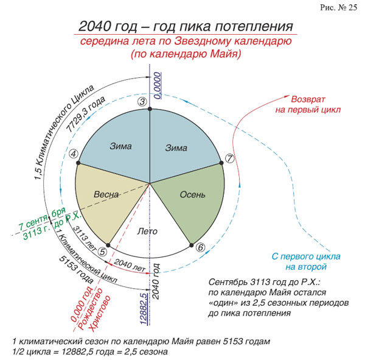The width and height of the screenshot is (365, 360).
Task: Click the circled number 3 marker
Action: pos(143,101)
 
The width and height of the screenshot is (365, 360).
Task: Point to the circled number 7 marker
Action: pos(229,158)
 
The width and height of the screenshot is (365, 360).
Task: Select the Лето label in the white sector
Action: pos(148,231)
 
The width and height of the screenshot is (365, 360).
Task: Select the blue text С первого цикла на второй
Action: pos(298,261)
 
